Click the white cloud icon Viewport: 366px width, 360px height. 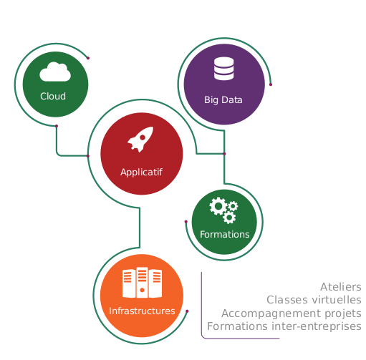point(55,72)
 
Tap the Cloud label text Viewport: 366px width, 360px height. point(53,96)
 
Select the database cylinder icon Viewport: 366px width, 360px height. point(223,69)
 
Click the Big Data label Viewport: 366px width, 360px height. point(223,99)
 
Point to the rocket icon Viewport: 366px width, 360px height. point(140,140)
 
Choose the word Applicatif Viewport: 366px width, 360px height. point(141,172)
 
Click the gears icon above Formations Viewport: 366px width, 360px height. point(223,210)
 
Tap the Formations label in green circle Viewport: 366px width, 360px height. point(225,234)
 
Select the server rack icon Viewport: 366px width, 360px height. point(142,283)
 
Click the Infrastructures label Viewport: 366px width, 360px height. point(142,311)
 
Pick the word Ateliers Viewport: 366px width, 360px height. point(341,287)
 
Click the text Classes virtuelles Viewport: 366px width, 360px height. point(314,300)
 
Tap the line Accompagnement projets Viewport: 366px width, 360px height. point(292,313)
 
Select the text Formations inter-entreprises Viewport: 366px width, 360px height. point(284,326)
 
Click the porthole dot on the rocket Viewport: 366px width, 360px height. point(143,137)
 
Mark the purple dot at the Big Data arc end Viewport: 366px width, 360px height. point(271,84)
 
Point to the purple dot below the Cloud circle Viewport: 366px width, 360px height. point(57,126)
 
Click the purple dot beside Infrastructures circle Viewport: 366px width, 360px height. point(187,311)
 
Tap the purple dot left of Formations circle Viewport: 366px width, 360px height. point(186,222)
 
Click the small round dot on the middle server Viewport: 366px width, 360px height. point(142,290)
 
